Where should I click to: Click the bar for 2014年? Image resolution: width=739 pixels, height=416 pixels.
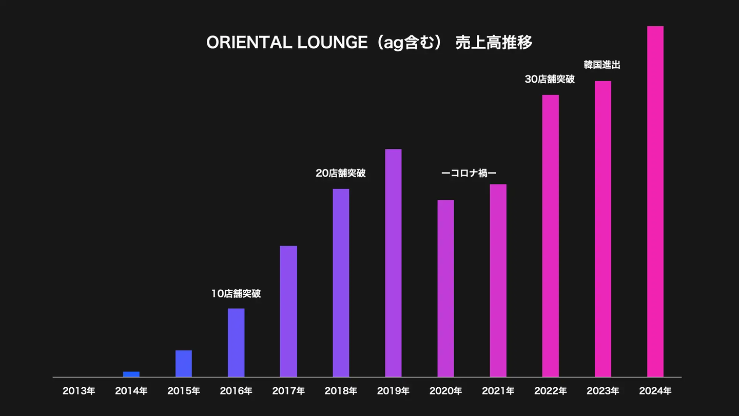(131, 374)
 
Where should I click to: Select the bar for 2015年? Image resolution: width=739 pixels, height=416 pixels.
(184, 364)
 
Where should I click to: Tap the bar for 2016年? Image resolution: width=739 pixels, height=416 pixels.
(236, 343)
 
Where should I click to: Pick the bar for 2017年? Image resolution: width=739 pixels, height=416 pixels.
(288, 311)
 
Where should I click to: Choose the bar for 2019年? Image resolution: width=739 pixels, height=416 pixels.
(393, 263)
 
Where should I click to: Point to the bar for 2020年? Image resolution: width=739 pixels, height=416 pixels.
(445, 288)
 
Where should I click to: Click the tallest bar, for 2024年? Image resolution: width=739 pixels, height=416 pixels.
(655, 201)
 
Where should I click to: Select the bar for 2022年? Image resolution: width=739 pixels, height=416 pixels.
(551, 236)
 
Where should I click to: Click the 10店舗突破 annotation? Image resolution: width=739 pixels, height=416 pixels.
(236, 294)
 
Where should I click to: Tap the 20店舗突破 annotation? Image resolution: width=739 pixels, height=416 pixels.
(341, 174)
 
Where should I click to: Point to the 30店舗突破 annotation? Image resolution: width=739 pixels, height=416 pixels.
(550, 80)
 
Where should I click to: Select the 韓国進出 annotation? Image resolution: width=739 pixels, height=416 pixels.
(602, 65)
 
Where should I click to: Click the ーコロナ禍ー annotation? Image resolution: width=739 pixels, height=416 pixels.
(469, 174)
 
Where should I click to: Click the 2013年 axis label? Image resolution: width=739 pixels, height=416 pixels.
(79, 391)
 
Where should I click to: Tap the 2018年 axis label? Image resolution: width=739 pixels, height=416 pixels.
(341, 391)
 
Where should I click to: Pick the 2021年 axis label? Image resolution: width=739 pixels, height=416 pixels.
(498, 391)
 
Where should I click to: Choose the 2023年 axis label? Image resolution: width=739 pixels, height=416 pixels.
(603, 391)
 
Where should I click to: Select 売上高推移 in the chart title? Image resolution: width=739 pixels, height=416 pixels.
(494, 43)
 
